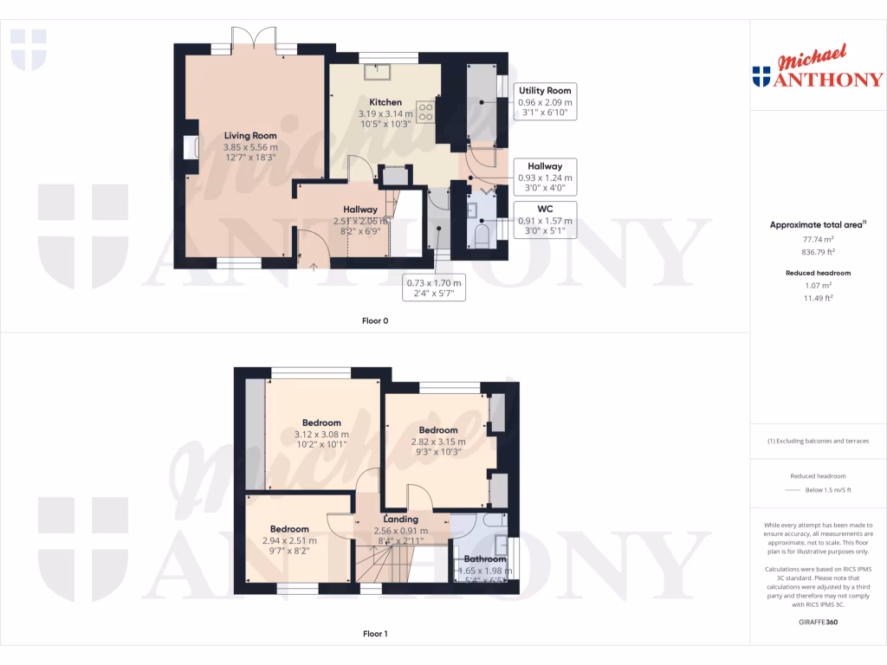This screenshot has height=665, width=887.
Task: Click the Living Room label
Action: tap(250, 135)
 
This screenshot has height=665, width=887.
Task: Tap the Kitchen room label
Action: tap(385, 101)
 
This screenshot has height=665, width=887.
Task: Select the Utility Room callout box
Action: tap(545, 101)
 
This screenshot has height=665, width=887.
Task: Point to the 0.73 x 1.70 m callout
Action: tap(435, 287)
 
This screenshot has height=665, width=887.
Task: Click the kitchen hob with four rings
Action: tap(425, 111)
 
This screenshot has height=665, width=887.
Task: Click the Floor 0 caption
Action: tap(375, 320)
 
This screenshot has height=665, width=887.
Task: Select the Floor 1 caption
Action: tap(375, 634)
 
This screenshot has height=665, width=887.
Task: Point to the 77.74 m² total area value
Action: tap(817, 238)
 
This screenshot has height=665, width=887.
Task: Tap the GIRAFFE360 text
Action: tap(818, 623)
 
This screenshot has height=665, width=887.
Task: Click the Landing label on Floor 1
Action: tap(401, 520)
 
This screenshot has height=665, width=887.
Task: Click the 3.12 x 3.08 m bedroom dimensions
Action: tap(321, 435)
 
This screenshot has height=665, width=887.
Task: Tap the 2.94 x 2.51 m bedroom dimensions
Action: tap(288, 540)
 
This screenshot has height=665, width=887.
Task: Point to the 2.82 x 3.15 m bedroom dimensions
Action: tap(438, 442)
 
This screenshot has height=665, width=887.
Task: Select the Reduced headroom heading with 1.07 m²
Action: tap(817, 273)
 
